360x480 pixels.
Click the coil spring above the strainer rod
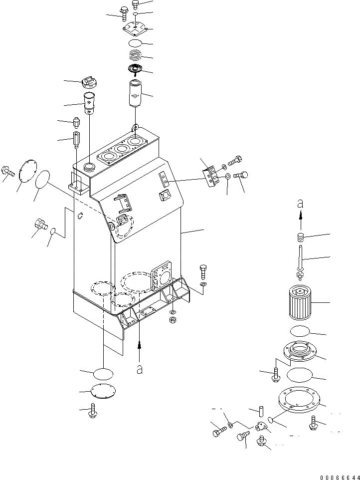[300, 237]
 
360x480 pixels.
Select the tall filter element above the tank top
[135, 93]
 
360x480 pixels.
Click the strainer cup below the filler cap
[89, 103]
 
